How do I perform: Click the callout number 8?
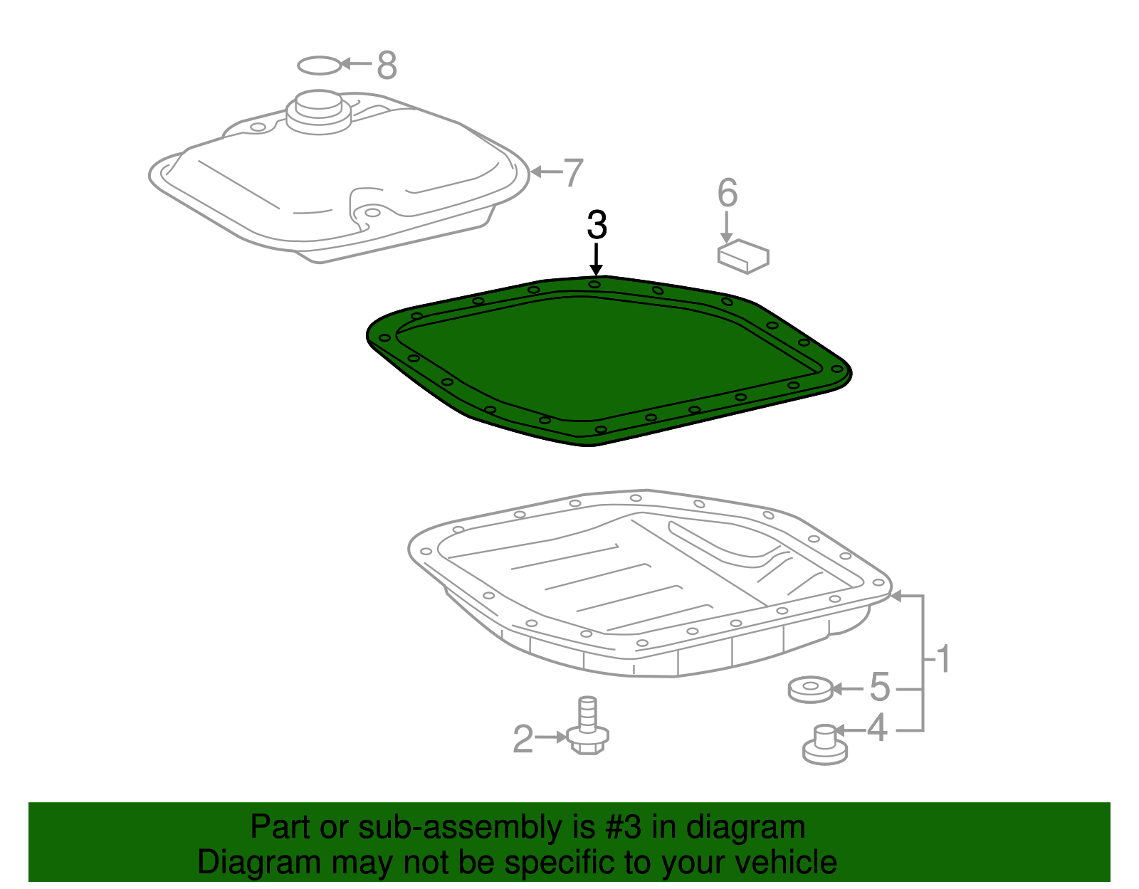(x=387, y=65)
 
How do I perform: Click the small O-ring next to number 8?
(x=320, y=65)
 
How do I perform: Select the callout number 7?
(x=573, y=173)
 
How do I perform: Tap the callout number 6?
(x=727, y=193)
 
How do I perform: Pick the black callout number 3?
(x=597, y=225)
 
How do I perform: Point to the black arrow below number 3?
(x=596, y=259)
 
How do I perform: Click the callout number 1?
(x=943, y=660)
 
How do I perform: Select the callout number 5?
(x=880, y=688)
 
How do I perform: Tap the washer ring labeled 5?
(x=810, y=689)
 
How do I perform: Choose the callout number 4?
(x=876, y=729)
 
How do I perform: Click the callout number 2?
(x=523, y=740)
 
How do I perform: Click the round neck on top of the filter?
(x=318, y=111)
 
